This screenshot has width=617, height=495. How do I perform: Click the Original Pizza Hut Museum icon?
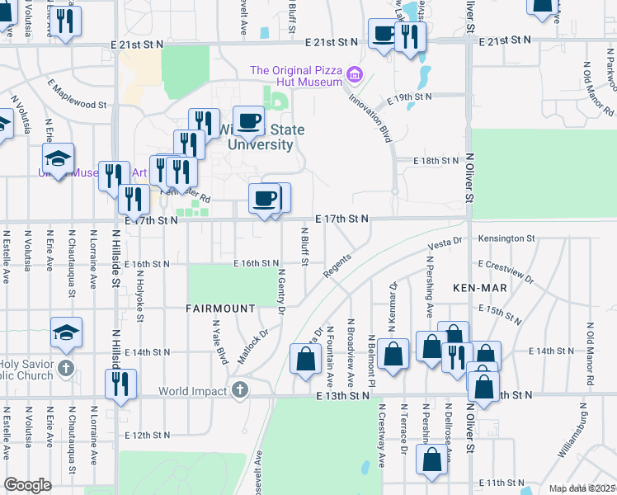[x=356, y=75]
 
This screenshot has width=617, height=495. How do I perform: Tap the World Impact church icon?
[x=240, y=389]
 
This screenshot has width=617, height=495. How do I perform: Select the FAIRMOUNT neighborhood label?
[x=220, y=309]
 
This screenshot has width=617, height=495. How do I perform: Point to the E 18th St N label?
[x=436, y=160]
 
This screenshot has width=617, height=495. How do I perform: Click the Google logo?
[x=28, y=485]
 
